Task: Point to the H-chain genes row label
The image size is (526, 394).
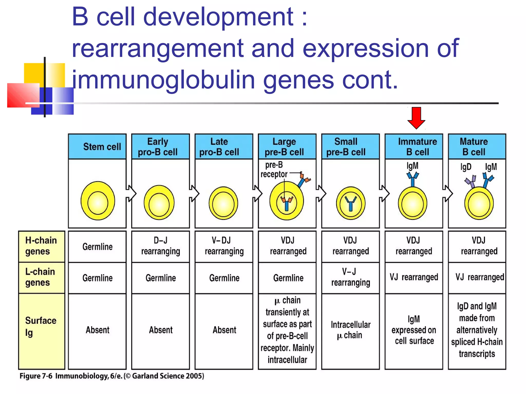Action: (x=41, y=246)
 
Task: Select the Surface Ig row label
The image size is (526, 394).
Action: (x=41, y=327)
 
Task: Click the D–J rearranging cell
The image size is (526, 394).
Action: (x=161, y=246)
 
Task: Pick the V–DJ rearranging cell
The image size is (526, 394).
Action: (x=224, y=246)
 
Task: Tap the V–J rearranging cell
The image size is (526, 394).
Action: (x=351, y=277)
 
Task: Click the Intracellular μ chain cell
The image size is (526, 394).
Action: (x=351, y=330)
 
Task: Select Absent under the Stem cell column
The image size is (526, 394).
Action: (x=97, y=330)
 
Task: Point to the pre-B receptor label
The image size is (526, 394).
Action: (x=274, y=170)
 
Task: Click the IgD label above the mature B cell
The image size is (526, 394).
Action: (x=466, y=167)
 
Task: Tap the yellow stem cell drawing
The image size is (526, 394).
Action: (x=98, y=201)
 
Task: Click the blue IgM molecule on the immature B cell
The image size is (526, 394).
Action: (x=412, y=179)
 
